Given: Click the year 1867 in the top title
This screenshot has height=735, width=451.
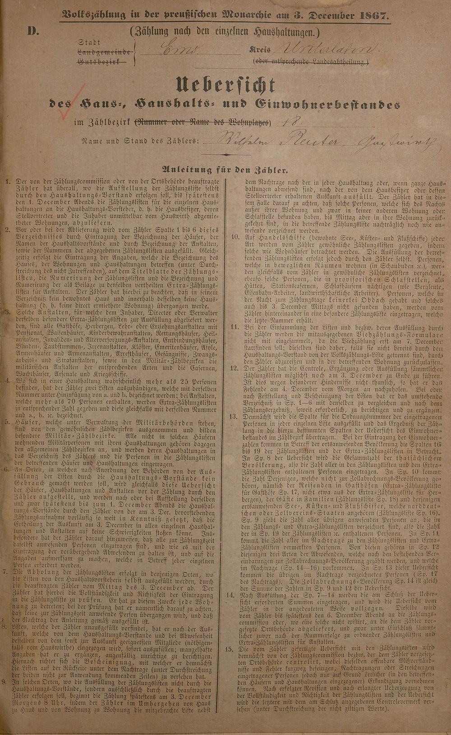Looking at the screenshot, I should [x=373, y=15].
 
